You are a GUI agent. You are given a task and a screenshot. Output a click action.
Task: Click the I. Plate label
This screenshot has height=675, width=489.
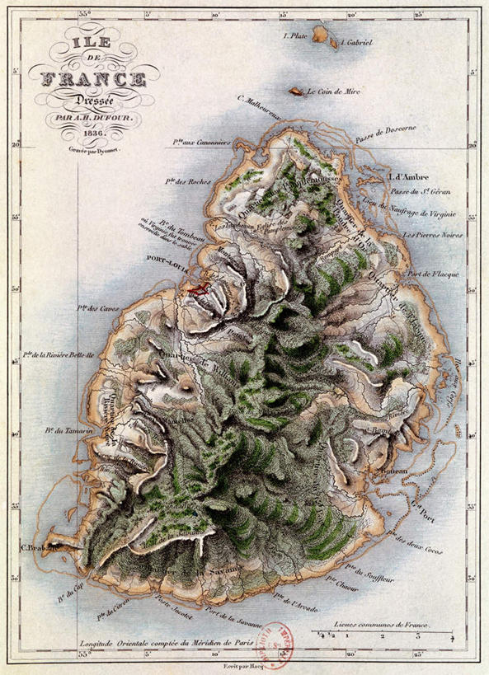click(x=295, y=35)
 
